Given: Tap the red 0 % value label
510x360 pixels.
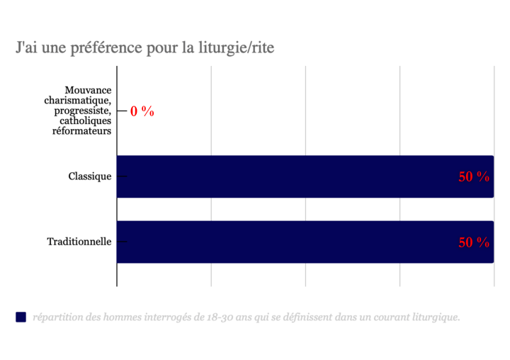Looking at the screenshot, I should click(x=142, y=111).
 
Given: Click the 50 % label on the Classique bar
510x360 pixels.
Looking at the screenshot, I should click(x=474, y=177).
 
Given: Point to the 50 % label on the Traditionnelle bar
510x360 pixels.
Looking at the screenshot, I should click(x=474, y=242).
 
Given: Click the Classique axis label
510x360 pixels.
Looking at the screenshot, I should click(x=90, y=176).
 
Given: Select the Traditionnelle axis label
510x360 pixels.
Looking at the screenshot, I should click(x=79, y=242).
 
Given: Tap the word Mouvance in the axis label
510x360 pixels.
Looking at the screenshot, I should click(x=88, y=90).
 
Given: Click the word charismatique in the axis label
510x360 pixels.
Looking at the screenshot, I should click(x=78, y=101).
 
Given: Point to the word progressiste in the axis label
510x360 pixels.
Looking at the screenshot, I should click(x=81, y=111).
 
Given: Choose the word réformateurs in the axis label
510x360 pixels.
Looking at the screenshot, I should click(x=82, y=132).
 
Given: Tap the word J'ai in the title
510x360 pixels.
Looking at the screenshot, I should click(x=28, y=48).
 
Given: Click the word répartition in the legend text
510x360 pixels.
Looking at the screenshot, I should click(x=56, y=317).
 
